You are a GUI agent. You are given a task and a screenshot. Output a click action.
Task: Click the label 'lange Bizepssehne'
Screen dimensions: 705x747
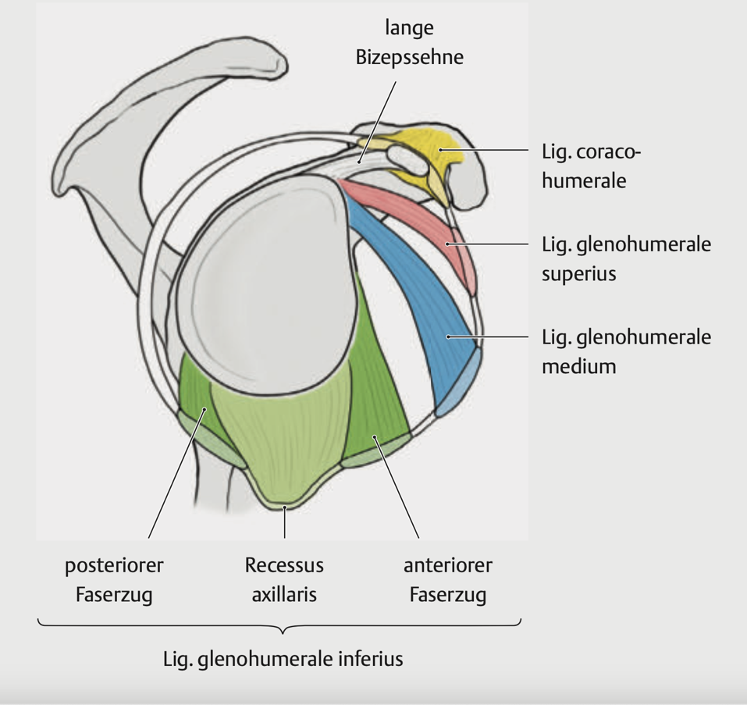click(x=409, y=43)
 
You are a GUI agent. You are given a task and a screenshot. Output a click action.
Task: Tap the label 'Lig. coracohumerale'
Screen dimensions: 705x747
click(x=591, y=166)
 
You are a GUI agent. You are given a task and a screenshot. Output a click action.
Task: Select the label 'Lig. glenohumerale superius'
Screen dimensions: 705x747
click(x=626, y=258)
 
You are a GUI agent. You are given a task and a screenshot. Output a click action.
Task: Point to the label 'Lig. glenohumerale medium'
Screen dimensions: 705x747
click(x=626, y=351)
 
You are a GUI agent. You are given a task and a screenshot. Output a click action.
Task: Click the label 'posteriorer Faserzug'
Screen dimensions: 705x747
click(x=114, y=579)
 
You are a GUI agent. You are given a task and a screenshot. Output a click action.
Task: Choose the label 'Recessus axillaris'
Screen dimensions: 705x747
click(x=284, y=579)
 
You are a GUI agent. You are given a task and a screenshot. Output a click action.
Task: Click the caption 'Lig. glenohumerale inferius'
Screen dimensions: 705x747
click(x=283, y=658)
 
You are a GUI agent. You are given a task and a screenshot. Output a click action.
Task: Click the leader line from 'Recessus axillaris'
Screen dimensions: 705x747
click(x=285, y=523)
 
